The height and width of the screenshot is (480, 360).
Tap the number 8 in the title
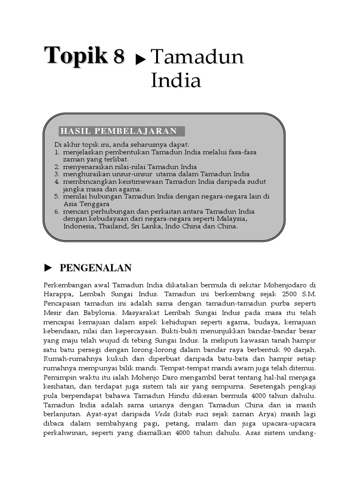118,57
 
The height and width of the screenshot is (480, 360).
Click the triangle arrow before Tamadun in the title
140,59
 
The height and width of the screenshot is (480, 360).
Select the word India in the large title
176,81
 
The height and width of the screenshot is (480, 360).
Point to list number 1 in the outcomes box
57,153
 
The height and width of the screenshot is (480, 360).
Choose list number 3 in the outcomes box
57,174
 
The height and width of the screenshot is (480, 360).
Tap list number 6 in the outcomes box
57,211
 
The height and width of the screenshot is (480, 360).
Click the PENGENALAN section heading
96,268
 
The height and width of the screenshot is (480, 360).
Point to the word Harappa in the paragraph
57,294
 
